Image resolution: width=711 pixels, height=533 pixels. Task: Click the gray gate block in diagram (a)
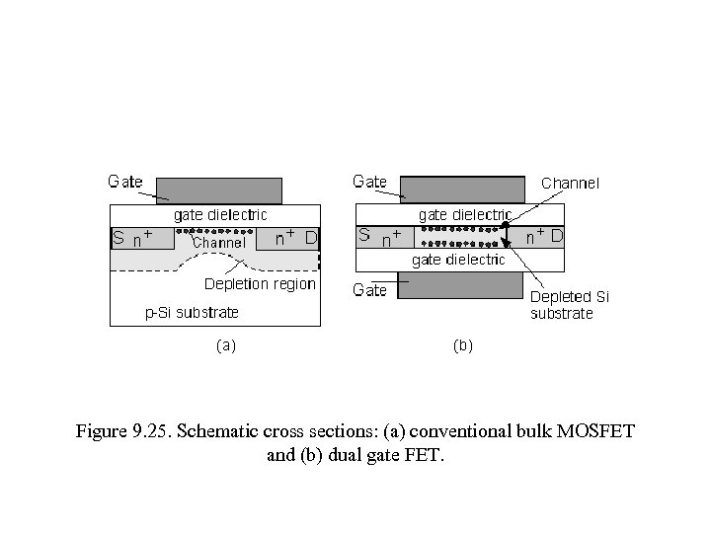coord(219,190)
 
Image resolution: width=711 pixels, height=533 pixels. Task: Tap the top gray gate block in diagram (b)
coord(462,189)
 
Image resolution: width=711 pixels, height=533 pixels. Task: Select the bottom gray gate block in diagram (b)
coord(459,284)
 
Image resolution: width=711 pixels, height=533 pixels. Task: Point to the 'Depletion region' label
coord(260,284)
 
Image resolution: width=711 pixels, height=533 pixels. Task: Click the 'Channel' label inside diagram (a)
coord(218,243)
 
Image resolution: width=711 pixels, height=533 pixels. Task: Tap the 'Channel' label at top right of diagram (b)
coord(570,183)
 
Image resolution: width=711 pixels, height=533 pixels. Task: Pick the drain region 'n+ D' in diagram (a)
coord(287,238)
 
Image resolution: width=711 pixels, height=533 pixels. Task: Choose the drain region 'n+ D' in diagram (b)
coord(543,237)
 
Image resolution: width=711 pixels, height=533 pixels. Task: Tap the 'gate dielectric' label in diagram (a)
coord(220,214)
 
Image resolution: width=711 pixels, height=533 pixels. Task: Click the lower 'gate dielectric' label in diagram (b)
coord(458,260)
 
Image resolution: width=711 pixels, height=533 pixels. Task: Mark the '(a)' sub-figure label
coord(225,345)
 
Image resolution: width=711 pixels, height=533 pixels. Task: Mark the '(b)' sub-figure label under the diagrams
coord(462,345)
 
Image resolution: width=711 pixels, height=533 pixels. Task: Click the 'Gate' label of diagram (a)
coord(125,182)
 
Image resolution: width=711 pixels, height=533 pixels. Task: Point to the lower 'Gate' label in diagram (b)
coord(370,290)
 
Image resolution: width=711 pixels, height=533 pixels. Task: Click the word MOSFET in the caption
coord(597,431)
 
